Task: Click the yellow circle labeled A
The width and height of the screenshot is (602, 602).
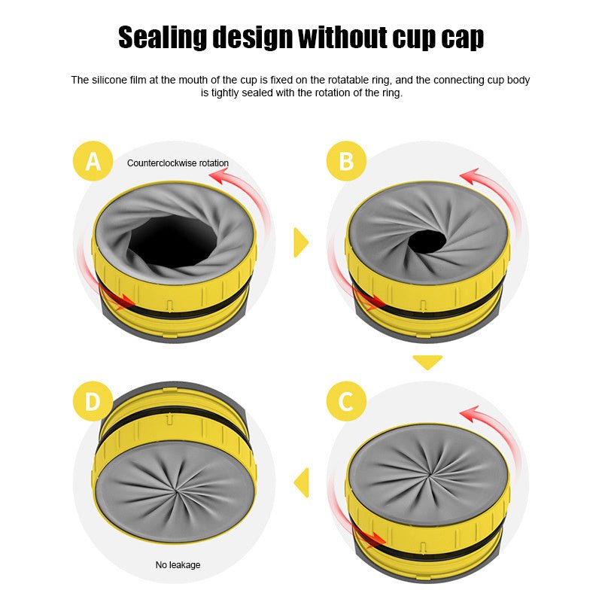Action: (x=93, y=161)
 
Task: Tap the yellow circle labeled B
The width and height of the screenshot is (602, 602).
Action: (x=346, y=161)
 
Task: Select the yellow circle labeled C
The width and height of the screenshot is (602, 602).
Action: (x=346, y=401)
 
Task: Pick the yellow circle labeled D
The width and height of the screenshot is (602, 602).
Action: (x=93, y=401)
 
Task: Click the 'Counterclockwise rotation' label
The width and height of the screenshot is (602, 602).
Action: (x=178, y=163)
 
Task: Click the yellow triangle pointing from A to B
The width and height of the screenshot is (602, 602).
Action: (x=301, y=242)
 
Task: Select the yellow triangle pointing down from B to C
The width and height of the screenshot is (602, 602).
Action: (x=427, y=362)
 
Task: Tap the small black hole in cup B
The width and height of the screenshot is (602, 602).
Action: (x=427, y=241)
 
